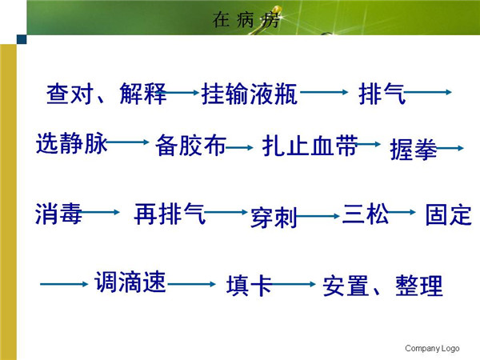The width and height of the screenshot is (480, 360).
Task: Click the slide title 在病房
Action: coord(246,19)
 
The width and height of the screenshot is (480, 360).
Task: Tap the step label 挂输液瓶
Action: coord(249,94)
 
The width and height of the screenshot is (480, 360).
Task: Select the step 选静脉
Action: coord(72,143)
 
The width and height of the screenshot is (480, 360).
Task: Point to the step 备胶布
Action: coord(190,146)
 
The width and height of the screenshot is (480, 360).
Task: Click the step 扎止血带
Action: coord(310,146)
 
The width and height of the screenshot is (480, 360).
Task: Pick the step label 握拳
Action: coord(414,150)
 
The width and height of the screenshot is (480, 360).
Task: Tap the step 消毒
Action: coord(58,214)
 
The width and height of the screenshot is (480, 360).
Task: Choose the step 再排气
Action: coord(170,214)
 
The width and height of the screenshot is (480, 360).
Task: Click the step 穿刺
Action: coord(274,218)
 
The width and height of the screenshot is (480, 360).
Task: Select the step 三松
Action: coord(366,214)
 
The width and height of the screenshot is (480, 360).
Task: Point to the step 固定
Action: coord(449,215)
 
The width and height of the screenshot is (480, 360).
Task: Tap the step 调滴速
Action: coord(130,282)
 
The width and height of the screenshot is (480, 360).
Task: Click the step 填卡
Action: coord(249,286)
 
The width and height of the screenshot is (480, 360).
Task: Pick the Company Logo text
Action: coord(432,348)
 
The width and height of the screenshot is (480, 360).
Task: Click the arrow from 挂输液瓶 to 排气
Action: coord(324,92)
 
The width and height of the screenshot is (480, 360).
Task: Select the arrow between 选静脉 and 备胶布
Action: coord(127,142)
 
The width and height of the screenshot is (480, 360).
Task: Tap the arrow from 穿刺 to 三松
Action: coord(318,216)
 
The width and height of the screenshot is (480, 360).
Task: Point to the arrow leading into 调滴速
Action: coord(64,284)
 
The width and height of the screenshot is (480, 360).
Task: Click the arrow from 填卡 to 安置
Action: coord(292,284)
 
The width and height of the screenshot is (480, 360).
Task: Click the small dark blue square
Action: coord(22,39)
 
